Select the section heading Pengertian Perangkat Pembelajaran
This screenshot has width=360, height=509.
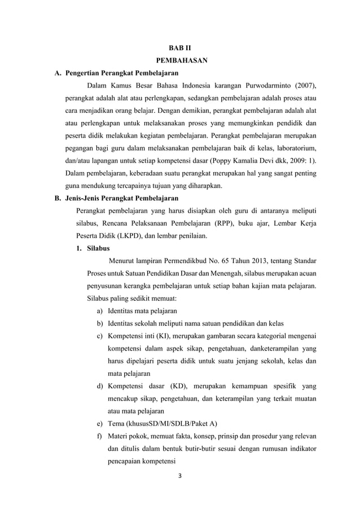(x=122, y=73)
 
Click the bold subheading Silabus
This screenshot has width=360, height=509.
(x=98, y=248)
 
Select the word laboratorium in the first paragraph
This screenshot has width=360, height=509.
(x=293, y=148)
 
